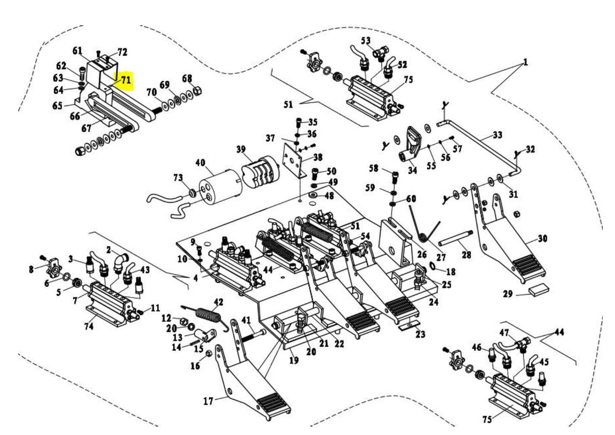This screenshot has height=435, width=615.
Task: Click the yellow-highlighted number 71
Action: tap(125, 80)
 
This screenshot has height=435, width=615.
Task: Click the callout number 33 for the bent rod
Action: tap(498, 135)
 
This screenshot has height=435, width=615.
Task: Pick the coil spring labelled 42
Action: tap(208, 315)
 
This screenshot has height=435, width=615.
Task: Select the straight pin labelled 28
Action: tap(455, 238)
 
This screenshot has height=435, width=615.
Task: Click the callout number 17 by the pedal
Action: tap(208, 401)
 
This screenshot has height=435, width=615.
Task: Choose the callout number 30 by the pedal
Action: tap(543, 239)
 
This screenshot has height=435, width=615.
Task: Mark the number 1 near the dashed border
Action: tap(525, 63)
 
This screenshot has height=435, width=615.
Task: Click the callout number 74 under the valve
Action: tap(89, 326)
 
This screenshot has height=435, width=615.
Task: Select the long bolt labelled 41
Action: tap(253, 334)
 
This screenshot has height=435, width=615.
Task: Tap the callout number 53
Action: tap(366, 41)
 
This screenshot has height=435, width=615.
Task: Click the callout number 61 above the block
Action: tap(77, 51)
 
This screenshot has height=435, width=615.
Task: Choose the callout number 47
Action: tap(504, 333)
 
